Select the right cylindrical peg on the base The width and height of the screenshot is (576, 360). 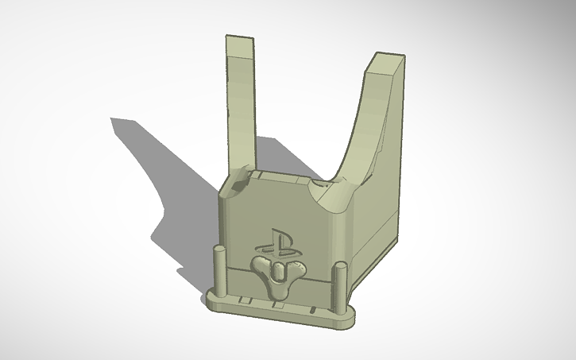(339, 283)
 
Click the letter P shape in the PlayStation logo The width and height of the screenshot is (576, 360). (273, 238)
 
